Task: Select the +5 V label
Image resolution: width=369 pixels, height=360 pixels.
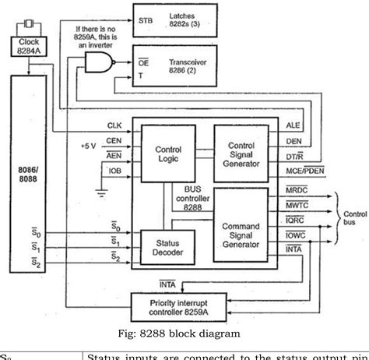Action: coord(90,146)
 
